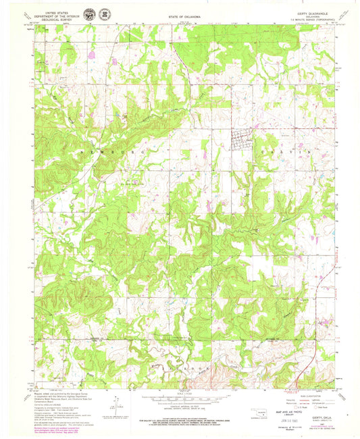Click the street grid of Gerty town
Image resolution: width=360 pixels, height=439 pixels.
point(242,140)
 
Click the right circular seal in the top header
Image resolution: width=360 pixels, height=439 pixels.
point(103,14)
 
